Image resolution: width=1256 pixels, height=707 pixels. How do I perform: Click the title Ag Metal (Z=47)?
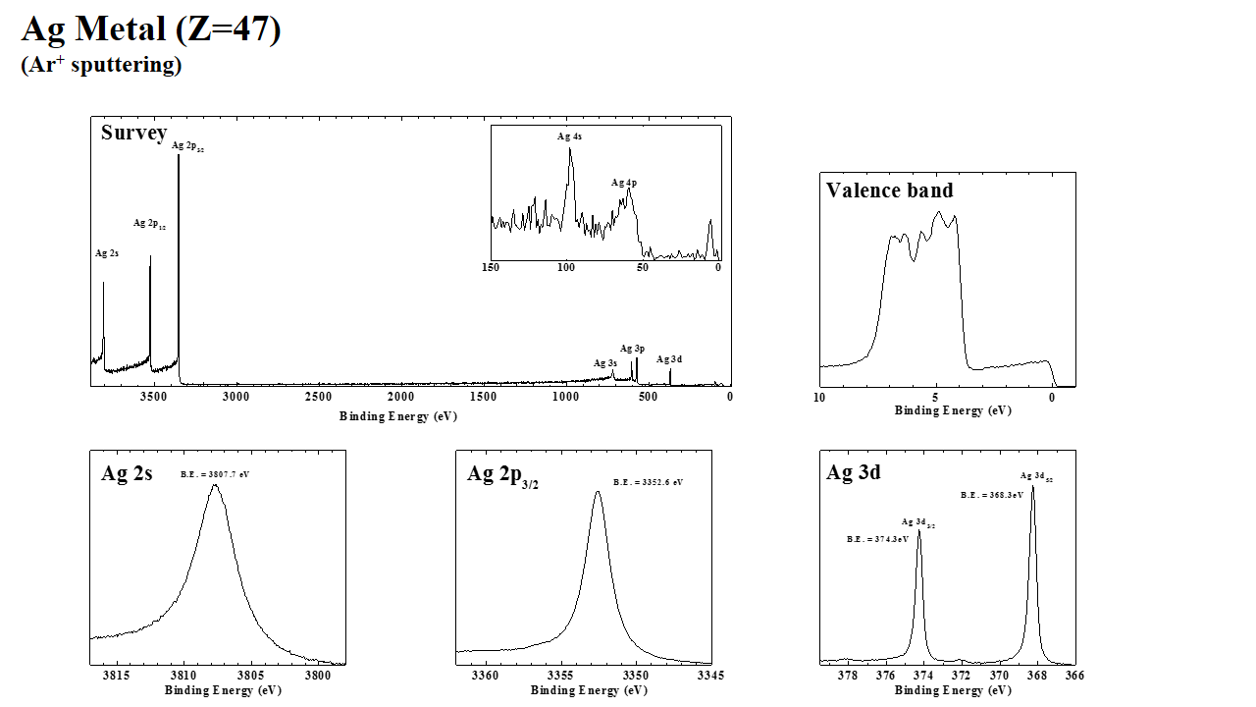pos(151,29)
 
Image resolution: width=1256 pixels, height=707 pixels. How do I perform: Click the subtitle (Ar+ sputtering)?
pos(101,66)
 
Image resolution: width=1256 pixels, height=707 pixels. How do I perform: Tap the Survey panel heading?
pos(133,133)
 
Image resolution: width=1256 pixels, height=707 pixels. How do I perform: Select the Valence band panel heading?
pos(889,190)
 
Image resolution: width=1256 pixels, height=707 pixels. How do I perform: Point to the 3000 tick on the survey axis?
pos(235,397)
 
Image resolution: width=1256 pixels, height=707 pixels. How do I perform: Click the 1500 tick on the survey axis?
pos(483,397)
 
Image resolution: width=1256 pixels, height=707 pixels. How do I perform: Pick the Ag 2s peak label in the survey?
pos(107,253)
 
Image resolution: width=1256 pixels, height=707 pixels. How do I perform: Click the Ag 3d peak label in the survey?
pos(669,359)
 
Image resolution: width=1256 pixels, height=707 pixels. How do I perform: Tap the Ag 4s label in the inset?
pos(569,136)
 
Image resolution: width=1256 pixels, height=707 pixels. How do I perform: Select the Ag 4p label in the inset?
pos(624,183)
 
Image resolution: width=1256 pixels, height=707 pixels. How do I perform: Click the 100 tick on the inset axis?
pos(566,267)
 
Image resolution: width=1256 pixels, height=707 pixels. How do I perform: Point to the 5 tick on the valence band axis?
pos(936,398)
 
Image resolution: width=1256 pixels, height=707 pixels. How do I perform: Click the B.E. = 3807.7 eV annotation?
pos(215,474)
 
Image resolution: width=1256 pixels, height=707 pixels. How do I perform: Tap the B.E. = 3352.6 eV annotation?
pos(648,482)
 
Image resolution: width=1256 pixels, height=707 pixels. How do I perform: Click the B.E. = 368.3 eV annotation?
pos(991,495)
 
